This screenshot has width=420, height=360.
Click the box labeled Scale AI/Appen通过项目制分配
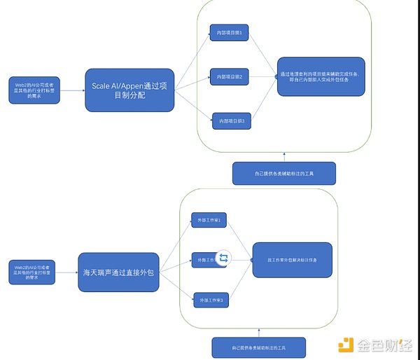(x=129, y=90)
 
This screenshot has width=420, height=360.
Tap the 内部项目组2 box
(x=230, y=76)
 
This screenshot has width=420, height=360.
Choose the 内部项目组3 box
(x=232, y=122)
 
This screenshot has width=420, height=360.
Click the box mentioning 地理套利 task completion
(x=321, y=77)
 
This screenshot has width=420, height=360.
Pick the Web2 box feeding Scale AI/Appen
(x=34, y=90)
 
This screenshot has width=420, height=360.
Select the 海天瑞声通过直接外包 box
(x=117, y=271)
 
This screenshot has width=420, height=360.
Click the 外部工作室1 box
(x=209, y=221)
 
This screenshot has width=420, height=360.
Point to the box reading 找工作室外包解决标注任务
(x=292, y=260)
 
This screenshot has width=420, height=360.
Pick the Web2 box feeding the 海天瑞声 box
(x=34, y=271)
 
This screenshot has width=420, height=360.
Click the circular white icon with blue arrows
(x=223, y=258)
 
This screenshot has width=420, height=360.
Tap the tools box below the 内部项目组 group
(x=283, y=173)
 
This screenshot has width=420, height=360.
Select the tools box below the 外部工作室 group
(x=258, y=347)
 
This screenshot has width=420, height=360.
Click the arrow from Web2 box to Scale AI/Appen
(x=73, y=90)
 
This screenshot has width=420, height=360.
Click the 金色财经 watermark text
(x=385, y=345)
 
